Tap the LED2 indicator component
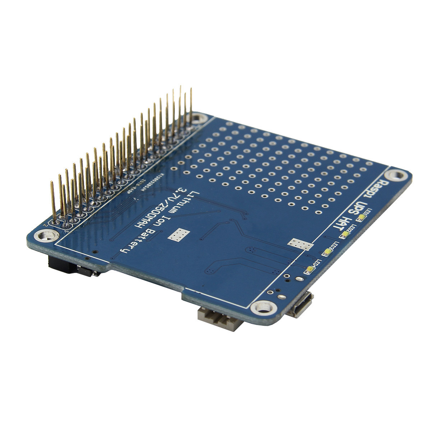[345, 235]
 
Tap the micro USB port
[302, 305]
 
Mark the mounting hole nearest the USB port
[264, 307]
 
